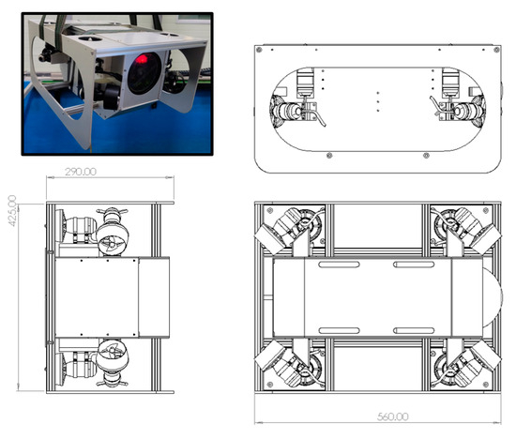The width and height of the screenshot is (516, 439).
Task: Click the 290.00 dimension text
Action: click(81, 172)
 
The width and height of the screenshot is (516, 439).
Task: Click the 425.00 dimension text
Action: click(12, 211)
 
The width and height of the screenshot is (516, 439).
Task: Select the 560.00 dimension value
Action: click(392, 416)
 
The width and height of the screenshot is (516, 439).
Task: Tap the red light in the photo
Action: click(142, 59)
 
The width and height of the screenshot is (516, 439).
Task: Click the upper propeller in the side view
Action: click(112, 243)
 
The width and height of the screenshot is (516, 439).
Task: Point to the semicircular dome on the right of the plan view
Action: click(493, 297)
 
